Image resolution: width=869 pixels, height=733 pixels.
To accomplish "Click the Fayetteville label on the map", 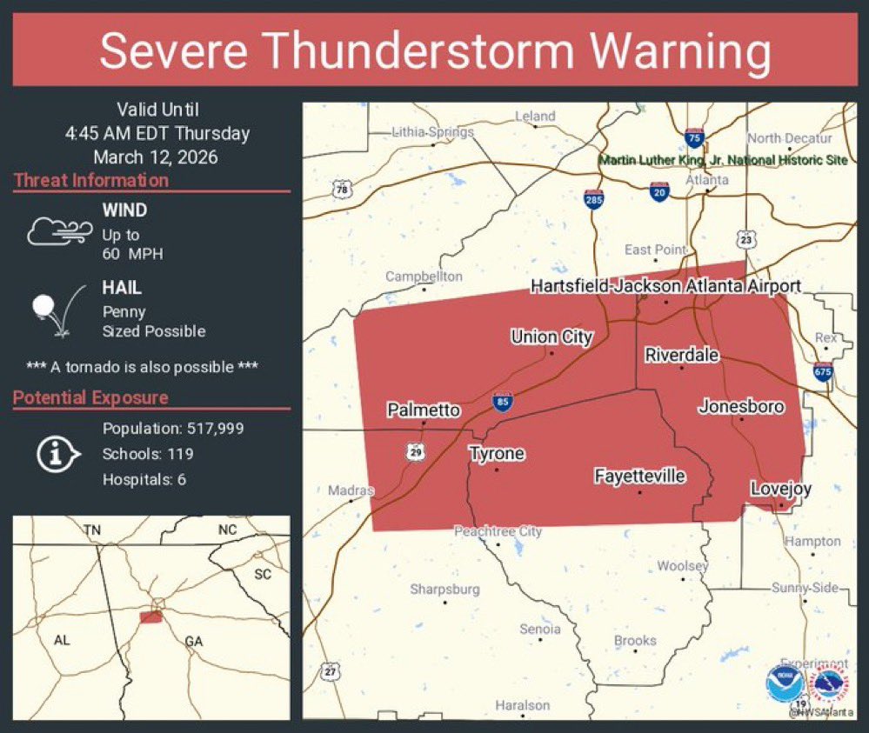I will [639, 476].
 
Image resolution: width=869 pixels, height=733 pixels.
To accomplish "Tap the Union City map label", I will [551, 337].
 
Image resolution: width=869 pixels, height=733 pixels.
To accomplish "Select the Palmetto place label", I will [424, 409].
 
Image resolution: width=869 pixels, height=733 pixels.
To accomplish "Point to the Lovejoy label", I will [780, 489].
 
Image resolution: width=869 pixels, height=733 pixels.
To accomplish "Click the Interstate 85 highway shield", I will [502, 402].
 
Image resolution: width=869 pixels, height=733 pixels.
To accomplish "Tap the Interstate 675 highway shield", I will [823, 371].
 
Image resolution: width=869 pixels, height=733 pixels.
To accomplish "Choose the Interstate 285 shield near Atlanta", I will [594, 199].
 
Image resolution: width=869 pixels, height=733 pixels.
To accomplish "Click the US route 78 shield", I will [341, 190].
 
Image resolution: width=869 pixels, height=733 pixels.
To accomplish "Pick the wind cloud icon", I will [59, 231].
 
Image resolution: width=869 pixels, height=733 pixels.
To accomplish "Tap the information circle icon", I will [58, 453].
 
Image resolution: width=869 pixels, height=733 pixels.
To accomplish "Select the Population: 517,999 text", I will [173, 429].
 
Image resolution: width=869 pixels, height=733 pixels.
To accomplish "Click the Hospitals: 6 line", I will [144, 479].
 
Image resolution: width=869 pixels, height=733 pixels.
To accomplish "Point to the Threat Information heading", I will [91, 181].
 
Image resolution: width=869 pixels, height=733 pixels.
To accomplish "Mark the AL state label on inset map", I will [62, 640].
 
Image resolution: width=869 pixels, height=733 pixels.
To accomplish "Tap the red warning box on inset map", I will [151, 616].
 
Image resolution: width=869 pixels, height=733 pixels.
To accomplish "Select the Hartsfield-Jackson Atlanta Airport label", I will [665, 286].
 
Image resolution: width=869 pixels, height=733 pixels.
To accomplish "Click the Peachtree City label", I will [498, 531].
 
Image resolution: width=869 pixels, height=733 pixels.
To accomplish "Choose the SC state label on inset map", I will [262, 574].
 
